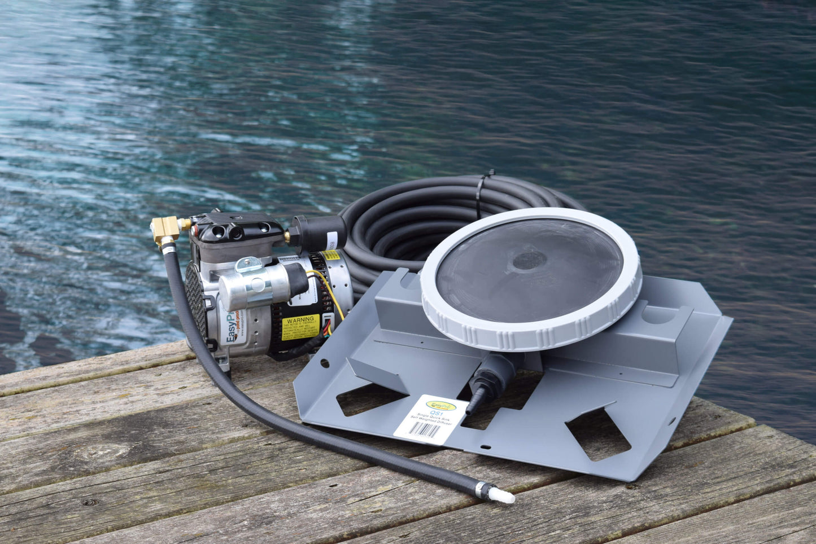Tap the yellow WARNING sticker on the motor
[x=300, y=327]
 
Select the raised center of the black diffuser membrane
[x=530, y=261]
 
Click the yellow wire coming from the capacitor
[x=333, y=293]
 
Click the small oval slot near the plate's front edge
[x=485, y=448]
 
